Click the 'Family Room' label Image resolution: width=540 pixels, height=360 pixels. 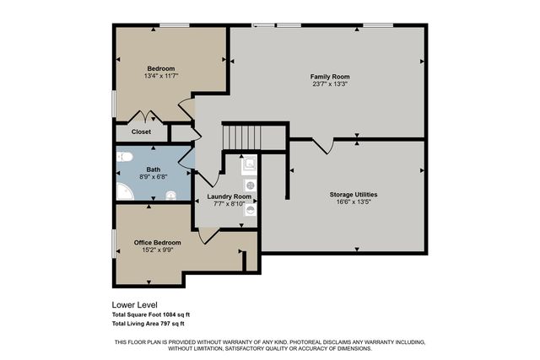329,77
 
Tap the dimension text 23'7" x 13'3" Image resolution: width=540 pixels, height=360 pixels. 329,84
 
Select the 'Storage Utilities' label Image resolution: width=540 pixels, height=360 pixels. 353,195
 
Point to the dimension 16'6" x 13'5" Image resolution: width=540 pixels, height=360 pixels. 353,202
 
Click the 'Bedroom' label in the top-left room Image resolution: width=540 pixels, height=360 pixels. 160,68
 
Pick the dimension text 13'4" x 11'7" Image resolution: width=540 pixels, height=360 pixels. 160,76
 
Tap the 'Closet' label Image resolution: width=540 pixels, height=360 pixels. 141,132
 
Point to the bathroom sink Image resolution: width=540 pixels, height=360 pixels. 171,196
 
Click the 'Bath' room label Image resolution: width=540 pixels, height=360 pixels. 153,169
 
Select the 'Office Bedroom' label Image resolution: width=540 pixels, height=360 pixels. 158,242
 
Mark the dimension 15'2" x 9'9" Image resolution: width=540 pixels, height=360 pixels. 158,250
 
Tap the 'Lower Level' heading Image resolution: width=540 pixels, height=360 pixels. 134,305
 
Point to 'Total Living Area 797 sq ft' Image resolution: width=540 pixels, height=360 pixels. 148,323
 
